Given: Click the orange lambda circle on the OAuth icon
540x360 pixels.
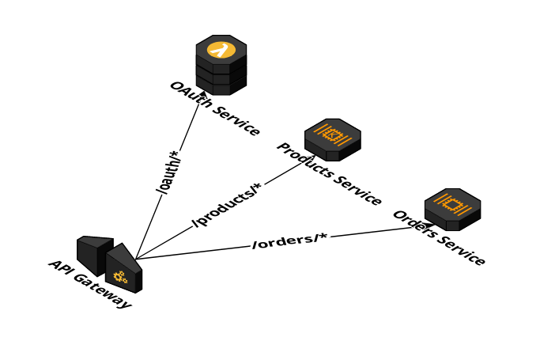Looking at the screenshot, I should coord(221,50).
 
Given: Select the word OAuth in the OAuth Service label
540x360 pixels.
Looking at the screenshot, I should coord(187,93).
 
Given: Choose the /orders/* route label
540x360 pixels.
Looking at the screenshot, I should coord(289,241).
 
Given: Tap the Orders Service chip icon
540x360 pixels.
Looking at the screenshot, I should coord(452,204).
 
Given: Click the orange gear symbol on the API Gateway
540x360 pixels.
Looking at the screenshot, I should coord(120,277).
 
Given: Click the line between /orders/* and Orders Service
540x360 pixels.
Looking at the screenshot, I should coord(380,233).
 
